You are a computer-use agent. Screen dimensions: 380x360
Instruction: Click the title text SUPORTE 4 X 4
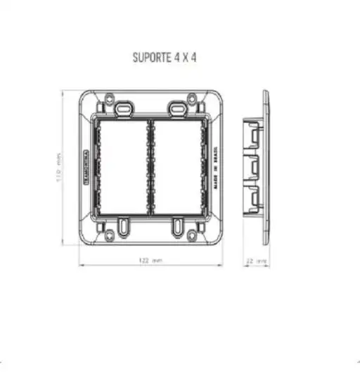164,57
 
